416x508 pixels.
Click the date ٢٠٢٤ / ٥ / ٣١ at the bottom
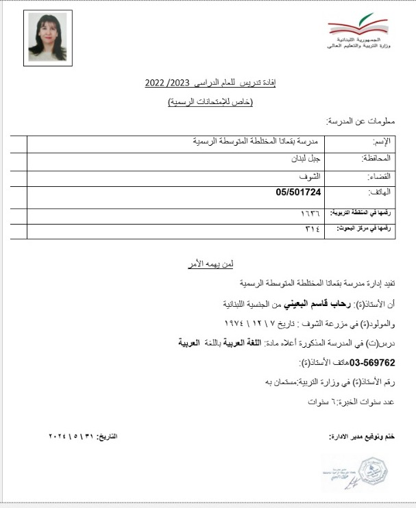[x=71, y=436]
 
